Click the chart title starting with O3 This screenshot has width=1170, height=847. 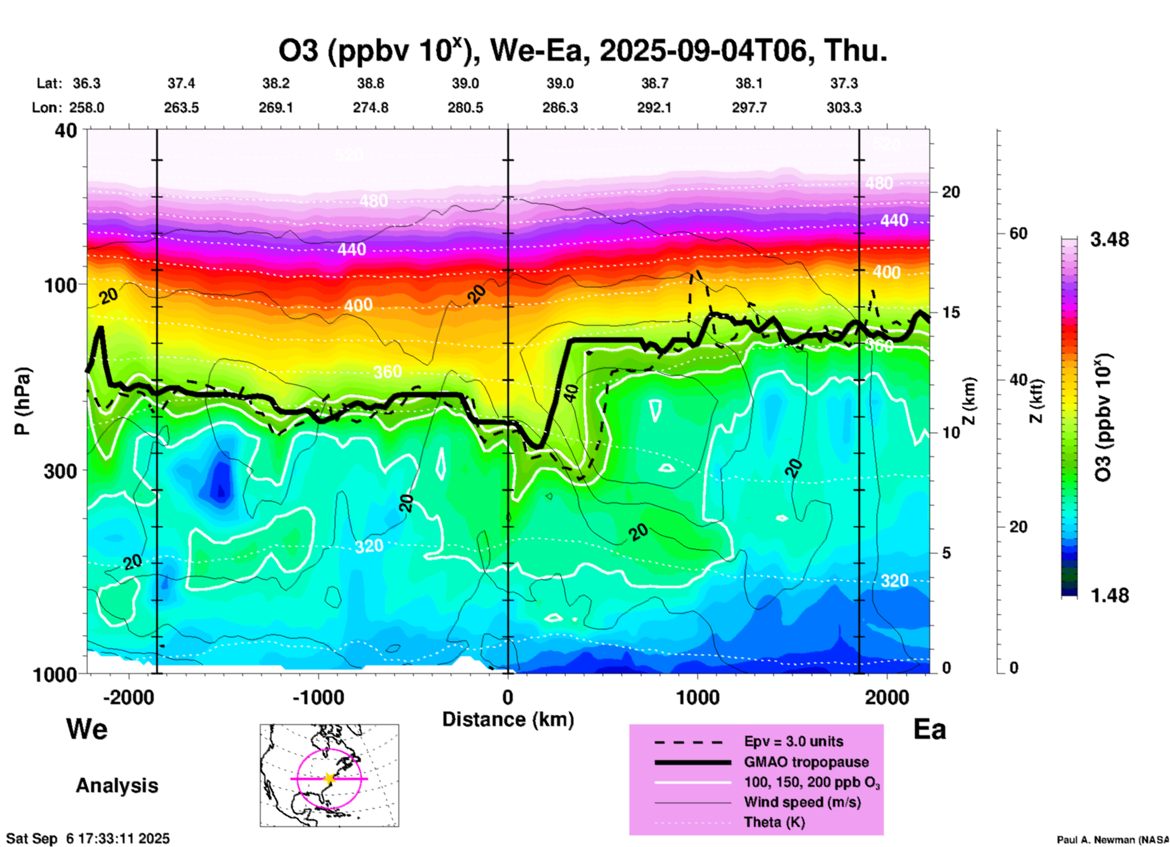tap(583, 50)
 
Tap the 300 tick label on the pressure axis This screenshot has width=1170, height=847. tap(60, 470)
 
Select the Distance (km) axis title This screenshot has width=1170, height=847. tap(508, 719)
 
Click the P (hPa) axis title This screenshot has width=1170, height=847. tap(22, 401)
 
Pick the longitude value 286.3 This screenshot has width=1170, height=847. tap(559, 108)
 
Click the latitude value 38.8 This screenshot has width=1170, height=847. tap(370, 83)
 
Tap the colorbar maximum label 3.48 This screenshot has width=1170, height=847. tap(1109, 239)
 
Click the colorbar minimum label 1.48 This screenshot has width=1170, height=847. tap(1109, 595)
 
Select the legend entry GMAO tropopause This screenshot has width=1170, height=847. tap(806, 762)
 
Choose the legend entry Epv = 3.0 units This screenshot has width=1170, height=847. tap(793, 741)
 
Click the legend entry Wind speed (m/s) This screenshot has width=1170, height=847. tap(802, 802)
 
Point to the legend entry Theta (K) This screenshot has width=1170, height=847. tap(774, 822)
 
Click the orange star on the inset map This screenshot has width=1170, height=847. tap(329, 778)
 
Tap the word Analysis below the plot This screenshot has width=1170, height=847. tap(117, 786)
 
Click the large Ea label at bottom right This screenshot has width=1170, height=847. tap(929, 730)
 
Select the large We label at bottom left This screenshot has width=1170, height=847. tap(87, 729)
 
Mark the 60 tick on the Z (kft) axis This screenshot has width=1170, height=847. tap(1018, 233)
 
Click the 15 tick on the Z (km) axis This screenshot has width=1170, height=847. tap(951, 312)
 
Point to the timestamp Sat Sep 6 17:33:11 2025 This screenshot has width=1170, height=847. tap(88, 839)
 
